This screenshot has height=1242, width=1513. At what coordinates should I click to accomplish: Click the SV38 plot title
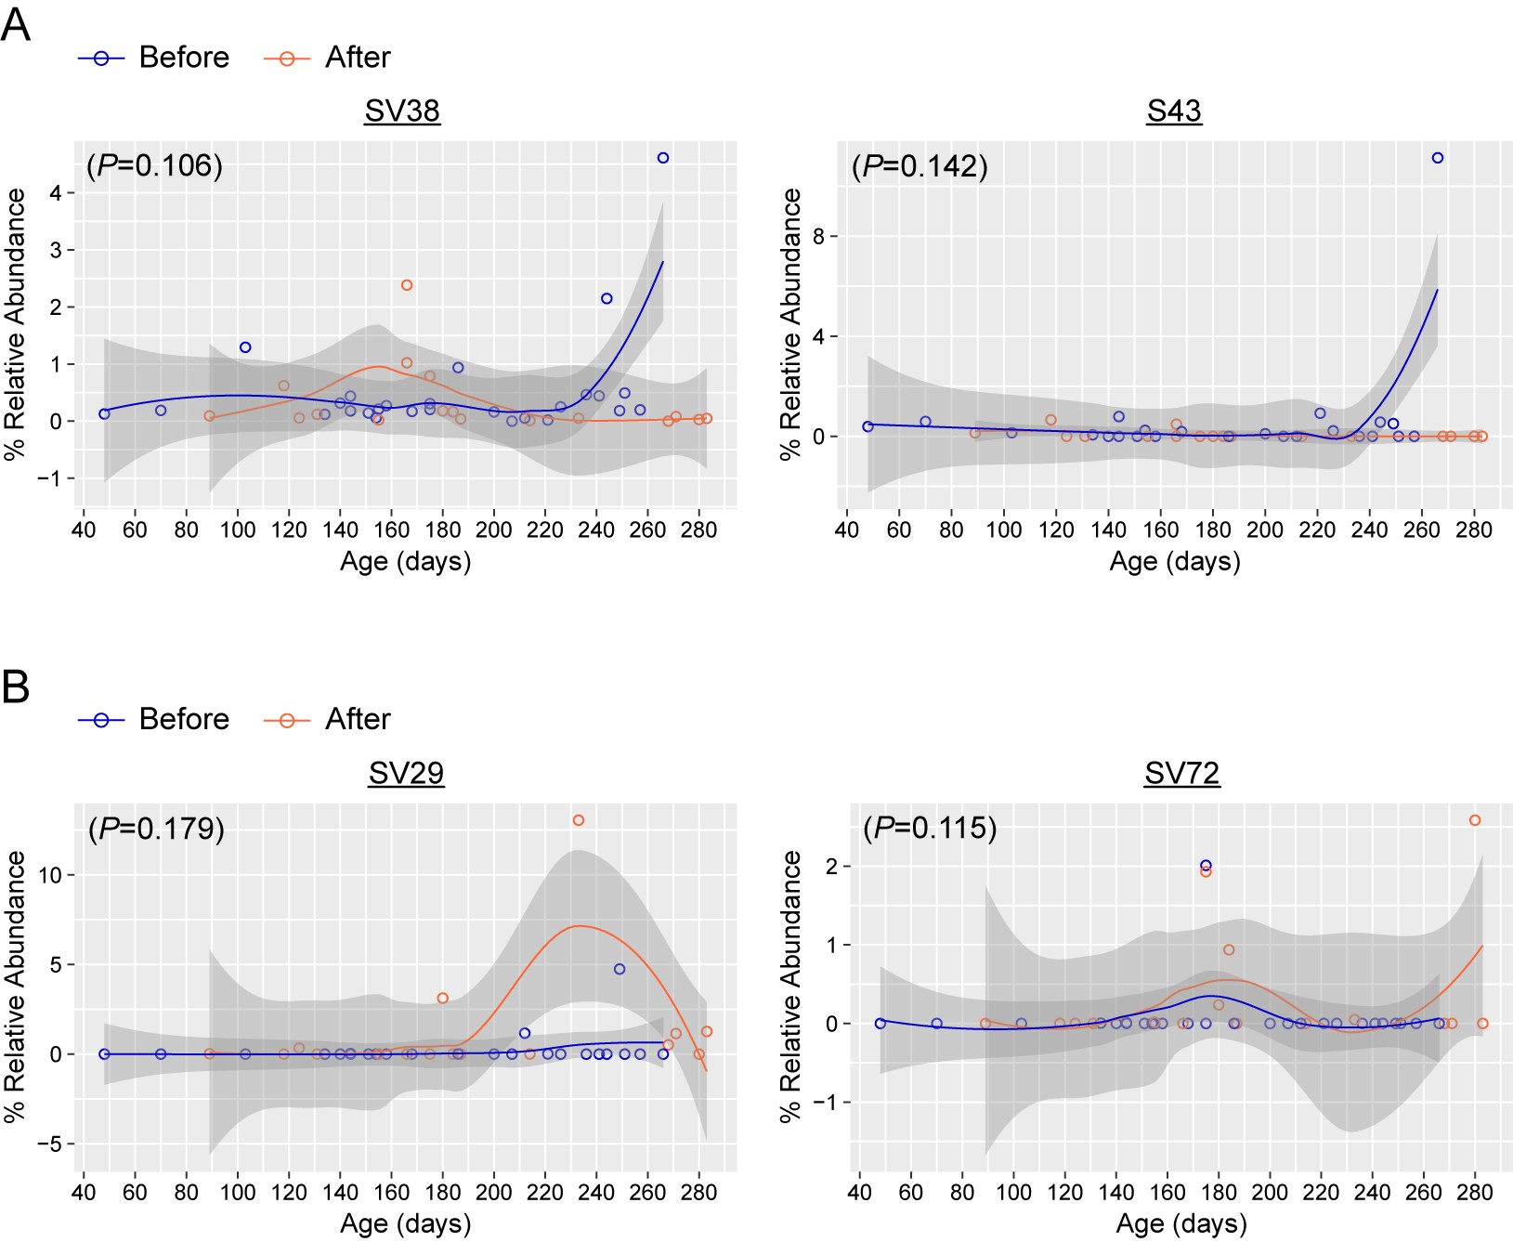click(x=402, y=111)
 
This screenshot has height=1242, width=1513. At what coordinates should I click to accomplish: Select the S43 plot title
click(x=1174, y=111)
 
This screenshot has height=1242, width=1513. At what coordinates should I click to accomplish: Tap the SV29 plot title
click(x=406, y=773)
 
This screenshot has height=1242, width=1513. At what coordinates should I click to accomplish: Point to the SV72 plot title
click(x=1181, y=773)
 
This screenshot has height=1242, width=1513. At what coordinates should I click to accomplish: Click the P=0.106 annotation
click(x=154, y=165)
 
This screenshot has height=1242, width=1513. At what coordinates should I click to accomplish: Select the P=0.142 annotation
click(x=920, y=166)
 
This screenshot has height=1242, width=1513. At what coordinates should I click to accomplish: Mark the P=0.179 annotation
click(x=156, y=828)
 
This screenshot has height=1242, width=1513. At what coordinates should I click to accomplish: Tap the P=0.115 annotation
click(x=930, y=828)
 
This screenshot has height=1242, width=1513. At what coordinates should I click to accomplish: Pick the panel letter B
click(x=15, y=687)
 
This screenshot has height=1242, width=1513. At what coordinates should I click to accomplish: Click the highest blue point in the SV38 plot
click(x=663, y=158)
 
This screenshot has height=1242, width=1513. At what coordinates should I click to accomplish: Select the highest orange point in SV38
click(x=407, y=285)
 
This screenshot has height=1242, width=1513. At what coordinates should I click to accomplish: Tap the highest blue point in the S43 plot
click(x=1438, y=158)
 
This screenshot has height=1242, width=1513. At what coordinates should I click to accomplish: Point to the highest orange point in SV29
click(x=579, y=820)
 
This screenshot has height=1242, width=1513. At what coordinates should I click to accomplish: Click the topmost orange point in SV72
click(x=1475, y=820)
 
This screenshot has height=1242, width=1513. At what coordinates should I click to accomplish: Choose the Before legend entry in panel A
click(x=154, y=58)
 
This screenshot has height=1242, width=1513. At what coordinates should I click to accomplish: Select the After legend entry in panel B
click(x=328, y=719)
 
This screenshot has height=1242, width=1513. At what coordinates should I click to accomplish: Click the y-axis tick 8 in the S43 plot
click(x=818, y=236)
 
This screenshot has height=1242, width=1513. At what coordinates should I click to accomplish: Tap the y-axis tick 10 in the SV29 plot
click(x=50, y=875)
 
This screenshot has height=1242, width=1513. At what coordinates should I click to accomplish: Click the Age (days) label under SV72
click(x=1181, y=1223)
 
